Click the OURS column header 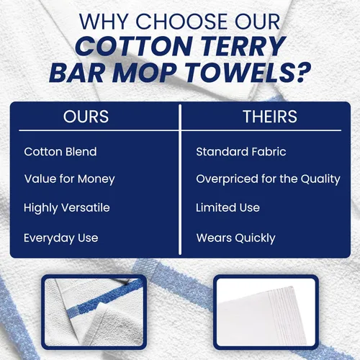86,117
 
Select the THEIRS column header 270,117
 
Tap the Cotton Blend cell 60,152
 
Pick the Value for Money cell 70,179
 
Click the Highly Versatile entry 67,208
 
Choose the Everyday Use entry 61,238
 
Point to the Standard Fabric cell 241,152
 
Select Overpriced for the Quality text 268,179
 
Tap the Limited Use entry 228,207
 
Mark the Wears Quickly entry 235,238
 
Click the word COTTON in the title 135,46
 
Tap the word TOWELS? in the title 248,72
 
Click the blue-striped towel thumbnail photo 94,312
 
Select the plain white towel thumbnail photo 266,312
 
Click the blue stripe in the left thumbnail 104,297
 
